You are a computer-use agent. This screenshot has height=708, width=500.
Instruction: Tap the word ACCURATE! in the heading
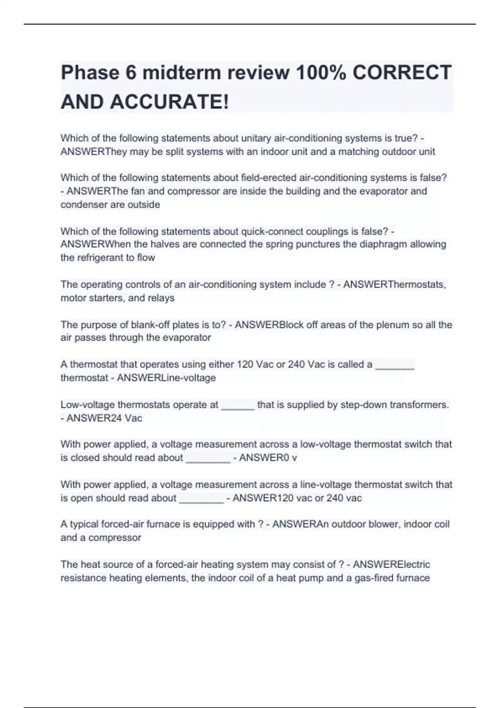[170, 102]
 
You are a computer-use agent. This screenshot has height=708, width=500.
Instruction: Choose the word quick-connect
[272, 231]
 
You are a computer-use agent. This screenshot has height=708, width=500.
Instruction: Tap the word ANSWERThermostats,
[395, 284]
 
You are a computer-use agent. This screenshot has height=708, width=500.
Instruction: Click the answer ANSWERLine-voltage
[166, 378]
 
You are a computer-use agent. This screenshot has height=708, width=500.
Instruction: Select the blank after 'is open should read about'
[201, 499]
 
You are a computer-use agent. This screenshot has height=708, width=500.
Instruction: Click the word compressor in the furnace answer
[115, 538]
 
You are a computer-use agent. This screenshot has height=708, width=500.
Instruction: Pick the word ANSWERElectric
[391, 564]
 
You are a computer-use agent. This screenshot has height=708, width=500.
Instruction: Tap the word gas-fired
[372, 578]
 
